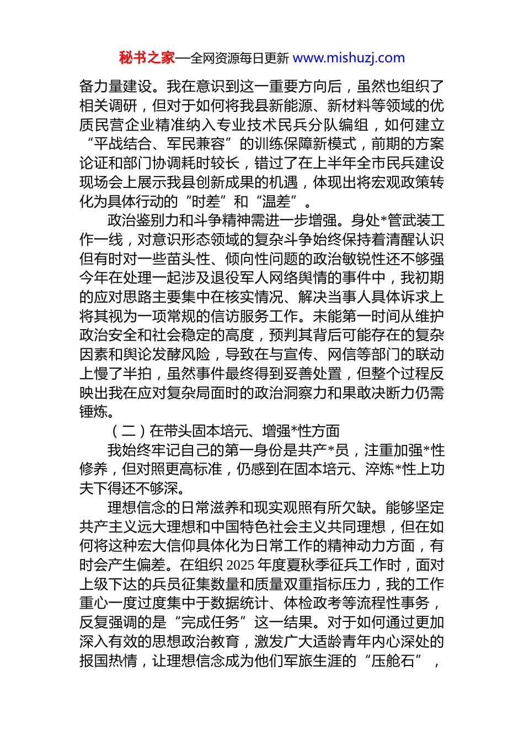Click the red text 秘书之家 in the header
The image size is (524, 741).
click(147, 58)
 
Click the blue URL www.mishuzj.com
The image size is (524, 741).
click(349, 58)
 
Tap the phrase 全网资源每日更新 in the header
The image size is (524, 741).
click(239, 58)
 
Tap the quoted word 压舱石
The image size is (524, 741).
click(393, 661)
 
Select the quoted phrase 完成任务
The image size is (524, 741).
click(210, 622)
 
